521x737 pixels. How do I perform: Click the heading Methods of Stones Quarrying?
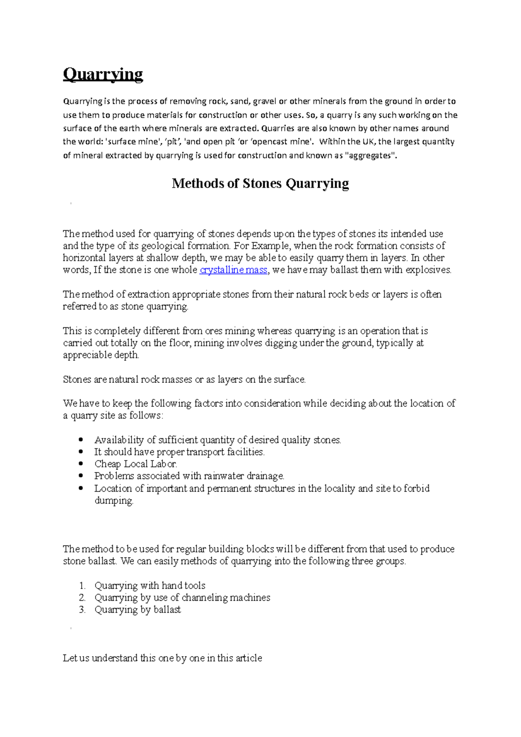click(x=260, y=183)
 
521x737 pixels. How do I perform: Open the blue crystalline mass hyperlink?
click(x=233, y=270)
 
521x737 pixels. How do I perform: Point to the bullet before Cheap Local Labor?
click(x=81, y=464)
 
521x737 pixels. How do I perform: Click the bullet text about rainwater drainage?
click(x=189, y=476)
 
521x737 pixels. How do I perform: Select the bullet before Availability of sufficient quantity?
click(x=81, y=440)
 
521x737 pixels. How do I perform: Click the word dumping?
click(x=114, y=500)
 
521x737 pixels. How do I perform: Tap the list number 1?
click(x=82, y=586)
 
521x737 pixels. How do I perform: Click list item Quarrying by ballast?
click(x=138, y=610)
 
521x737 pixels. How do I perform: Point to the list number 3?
click(x=82, y=610)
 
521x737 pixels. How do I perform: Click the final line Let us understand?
click(x=162, y=658)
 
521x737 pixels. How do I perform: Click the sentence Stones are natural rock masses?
click(x=184, y=379)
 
